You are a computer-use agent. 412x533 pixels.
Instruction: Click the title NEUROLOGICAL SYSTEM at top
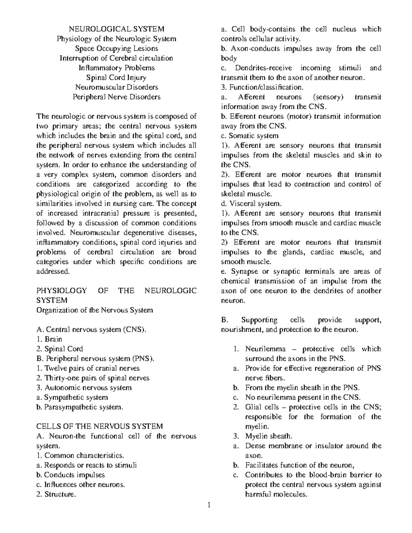pos(116,29)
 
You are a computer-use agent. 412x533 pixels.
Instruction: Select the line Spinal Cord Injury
pos(116,78)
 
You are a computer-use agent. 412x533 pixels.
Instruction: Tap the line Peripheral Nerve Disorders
pos(116,97)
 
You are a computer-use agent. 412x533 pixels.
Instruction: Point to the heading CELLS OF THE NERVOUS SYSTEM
pos(100,426)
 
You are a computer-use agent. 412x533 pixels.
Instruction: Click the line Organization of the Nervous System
pos(94,310)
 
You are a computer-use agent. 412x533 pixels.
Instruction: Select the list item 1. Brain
pos(49,339)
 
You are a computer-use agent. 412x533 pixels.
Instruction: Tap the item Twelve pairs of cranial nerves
pos(88,368)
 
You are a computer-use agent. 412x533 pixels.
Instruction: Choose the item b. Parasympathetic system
pos(79,407)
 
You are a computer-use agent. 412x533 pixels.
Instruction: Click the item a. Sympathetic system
pos(72,397)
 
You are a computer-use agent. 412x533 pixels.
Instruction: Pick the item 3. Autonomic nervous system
pos(84,388)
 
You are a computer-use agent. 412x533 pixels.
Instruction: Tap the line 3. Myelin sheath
pos(264,436)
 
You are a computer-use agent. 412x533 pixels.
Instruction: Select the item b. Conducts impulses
pos(70,475)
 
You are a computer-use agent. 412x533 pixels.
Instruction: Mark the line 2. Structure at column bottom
pos(55,495)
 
